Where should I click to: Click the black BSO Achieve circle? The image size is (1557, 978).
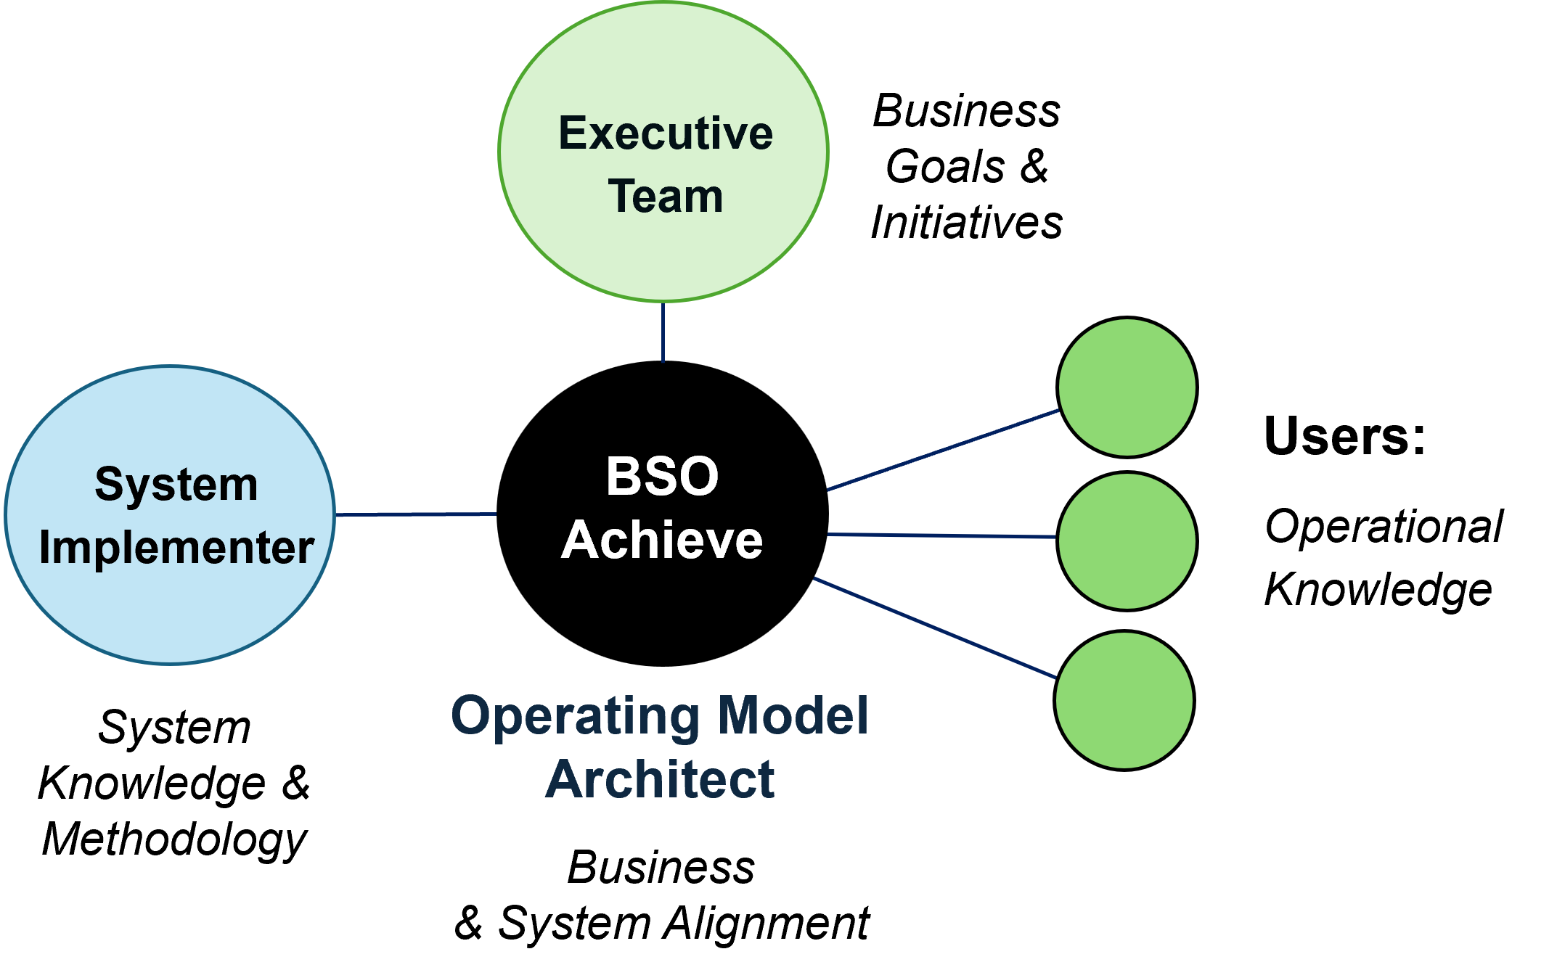[x=662, y=514]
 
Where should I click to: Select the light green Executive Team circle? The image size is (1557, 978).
[x=663, y=152]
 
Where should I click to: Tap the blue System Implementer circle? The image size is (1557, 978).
[x=170, y=515]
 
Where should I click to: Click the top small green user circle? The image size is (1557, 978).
[x=1127, y=387]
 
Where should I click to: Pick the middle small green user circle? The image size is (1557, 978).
[x=1127, y=541]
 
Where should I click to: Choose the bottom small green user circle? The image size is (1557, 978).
[x=1124, y=700]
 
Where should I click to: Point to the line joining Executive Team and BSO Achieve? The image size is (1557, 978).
[x=663, y=332]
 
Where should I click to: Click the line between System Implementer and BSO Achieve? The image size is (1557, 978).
[x=416, y=514]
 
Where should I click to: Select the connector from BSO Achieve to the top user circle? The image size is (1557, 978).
[x=943, y=450]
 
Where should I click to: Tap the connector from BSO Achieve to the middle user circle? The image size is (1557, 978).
[x=942, y=535]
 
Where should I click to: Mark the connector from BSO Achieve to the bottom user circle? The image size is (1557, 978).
[x=935, y=628]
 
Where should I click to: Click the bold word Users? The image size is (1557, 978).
[x=1345, y=435]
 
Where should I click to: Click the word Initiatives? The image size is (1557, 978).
[x=967, y=222]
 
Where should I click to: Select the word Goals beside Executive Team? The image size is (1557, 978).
[x=945, y=166]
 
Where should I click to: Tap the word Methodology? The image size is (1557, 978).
[x=174, y=840]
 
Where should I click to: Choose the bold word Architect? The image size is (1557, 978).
[x=660, y=779]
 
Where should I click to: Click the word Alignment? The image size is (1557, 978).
[x=767, y=923]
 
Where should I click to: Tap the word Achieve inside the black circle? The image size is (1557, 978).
[x=662, y=541]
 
